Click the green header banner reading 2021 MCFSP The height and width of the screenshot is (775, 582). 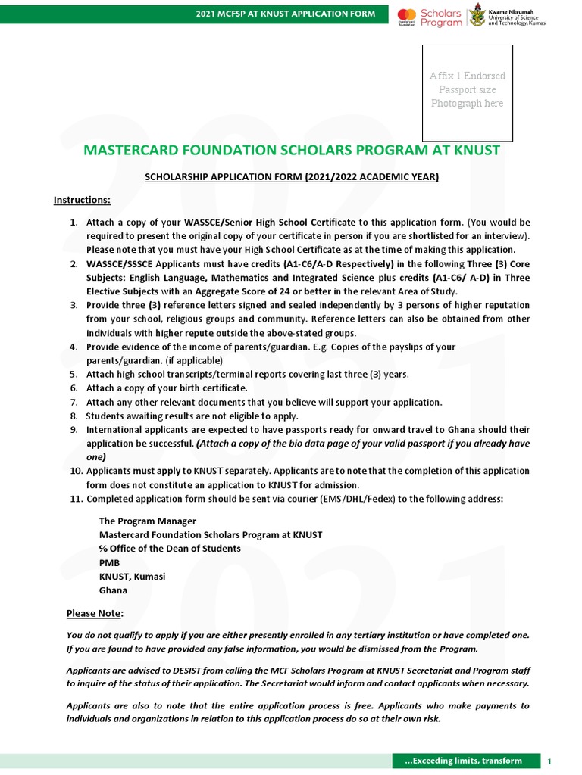(285, 14)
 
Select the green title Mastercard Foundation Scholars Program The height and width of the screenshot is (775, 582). (292, 150)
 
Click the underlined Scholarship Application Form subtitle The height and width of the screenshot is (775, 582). (292, 177)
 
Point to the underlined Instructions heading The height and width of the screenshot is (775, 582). (82, 200)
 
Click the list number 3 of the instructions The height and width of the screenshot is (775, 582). (74, 305)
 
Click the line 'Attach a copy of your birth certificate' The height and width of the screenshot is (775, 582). (167, 388)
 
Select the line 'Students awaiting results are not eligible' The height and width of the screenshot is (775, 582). (192, 416)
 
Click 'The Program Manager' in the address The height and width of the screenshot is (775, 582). (148, 521)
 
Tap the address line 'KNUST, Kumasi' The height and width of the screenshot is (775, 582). (132, 577)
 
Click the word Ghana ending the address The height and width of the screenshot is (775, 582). (113, 590)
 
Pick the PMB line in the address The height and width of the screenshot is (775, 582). (109, 562)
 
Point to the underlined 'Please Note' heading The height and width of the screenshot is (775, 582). (95, 613)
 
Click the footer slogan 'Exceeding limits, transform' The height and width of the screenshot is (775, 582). (464, 761)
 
